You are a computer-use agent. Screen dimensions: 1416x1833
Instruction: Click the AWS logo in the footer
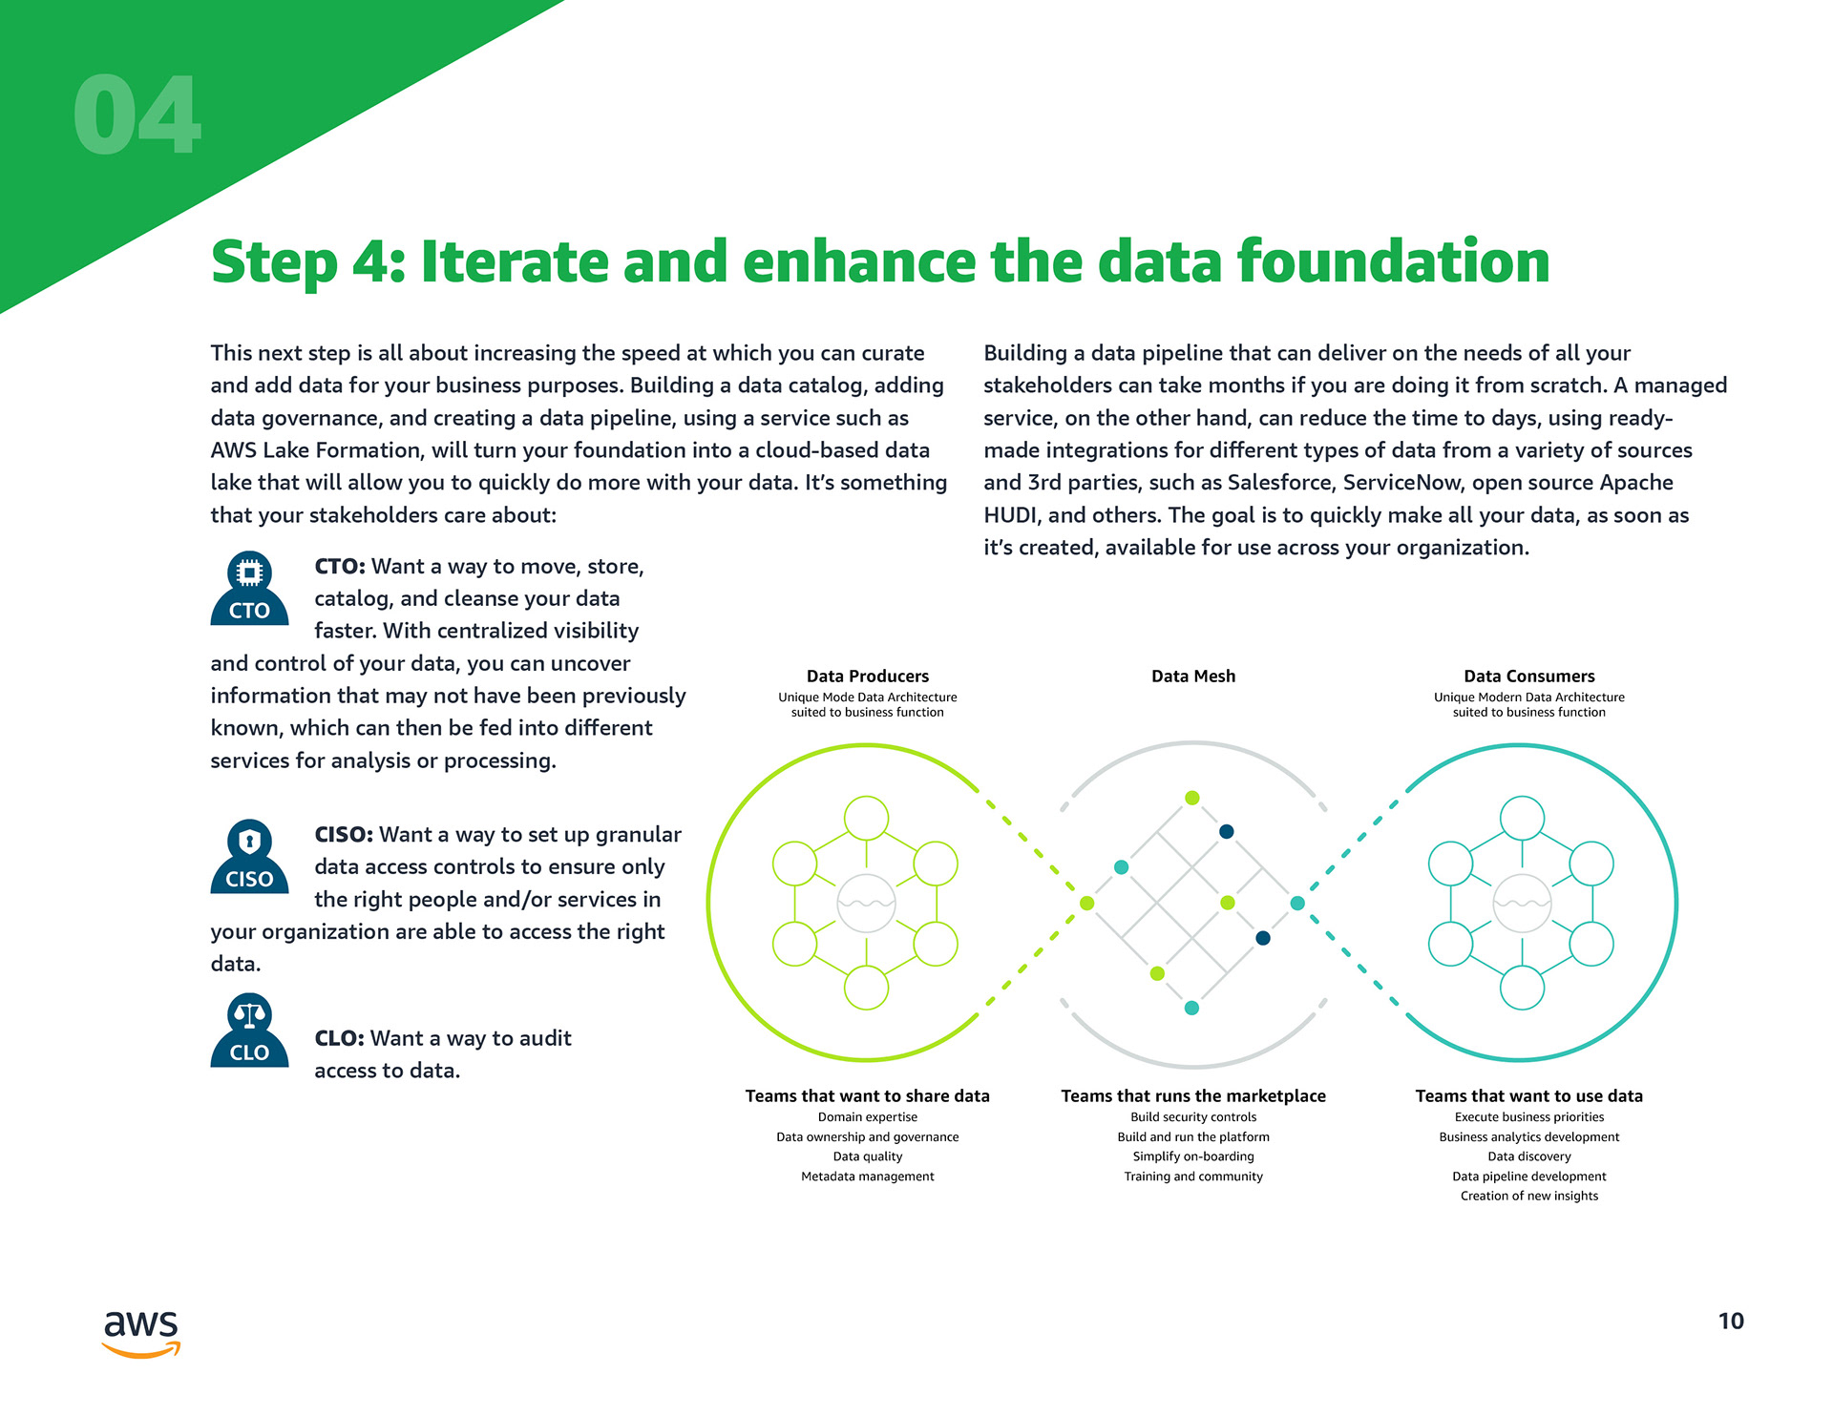pyautogui.click(x=141, y=1332)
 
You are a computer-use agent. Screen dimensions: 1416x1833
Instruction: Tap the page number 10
pyautogui.click(x=1730, y=1322)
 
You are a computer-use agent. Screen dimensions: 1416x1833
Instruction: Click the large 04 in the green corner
pyautogui.click(x=137, y=115)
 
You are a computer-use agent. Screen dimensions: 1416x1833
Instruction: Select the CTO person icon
pyautogui.click(x=249, y=590)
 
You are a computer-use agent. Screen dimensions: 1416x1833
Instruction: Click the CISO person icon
pyautogui.click(x=249, y=857)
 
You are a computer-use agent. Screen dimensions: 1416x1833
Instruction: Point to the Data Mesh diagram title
pyautogui.click(x=1192, y=677)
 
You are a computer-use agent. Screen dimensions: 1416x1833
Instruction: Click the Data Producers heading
pyautogui.click(x=867, y=677)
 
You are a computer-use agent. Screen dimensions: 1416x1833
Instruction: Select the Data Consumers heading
pyautogui.click(x=1528, y=677)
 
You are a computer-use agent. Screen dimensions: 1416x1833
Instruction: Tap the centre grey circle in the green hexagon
pyautogui.click(x=866, y=903)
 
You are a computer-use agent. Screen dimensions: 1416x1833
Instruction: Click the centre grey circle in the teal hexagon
pyautogui.click(x=1522, y=903)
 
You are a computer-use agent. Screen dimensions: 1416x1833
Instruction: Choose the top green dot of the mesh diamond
pyautogui.click(x=1191, y=798)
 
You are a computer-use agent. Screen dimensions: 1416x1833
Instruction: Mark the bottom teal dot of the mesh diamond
pyautogui.click(x=1191, y=1008)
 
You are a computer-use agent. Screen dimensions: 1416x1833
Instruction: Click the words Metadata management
pyautogui.click(x=867, y=1177)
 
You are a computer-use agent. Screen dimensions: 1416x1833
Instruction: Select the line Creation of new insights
pyautogui.click(x=1528, y=1197)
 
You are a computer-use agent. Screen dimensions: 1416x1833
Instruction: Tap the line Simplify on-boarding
pyautogui.click(x=1192, y=1156)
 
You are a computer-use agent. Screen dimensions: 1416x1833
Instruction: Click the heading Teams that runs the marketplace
pyautogui.click(x=1192, y=1096)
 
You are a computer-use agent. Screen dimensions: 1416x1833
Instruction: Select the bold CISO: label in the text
pyautogui.click(x=343, y=835)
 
